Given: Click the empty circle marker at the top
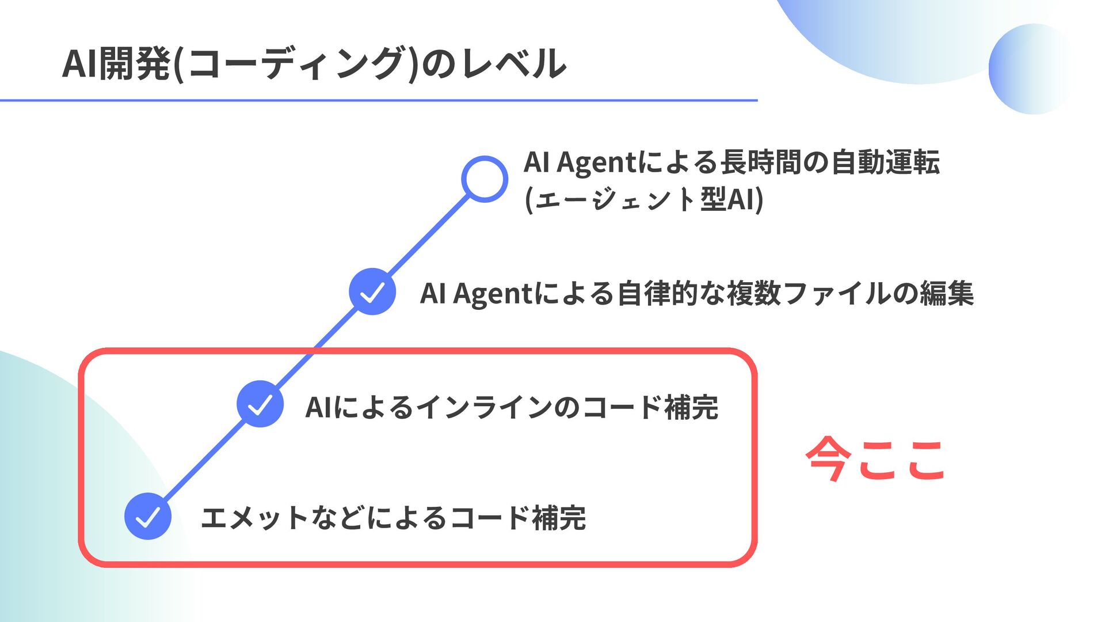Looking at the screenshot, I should [x=485, y=179].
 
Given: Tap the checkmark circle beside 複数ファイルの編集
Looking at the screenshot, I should [x=372, y=291].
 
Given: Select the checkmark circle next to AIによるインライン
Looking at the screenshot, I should [x=260, y=404].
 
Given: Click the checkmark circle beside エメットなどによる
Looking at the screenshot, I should [x=148, y=516].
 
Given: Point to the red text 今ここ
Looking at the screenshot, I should [x=875, y=459].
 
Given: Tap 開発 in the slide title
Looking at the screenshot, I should [x=135, y=63].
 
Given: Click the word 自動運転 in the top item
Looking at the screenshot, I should [x=886, y=162].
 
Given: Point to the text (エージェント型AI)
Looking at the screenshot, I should [x=644, y=200].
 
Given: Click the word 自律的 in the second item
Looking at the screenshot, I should [x=658, y=293].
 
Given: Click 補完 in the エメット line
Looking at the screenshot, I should [x=559, y=517].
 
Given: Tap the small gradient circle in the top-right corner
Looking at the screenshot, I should [x=1032, y=69].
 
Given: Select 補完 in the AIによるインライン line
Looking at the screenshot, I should [x=691, y=407].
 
